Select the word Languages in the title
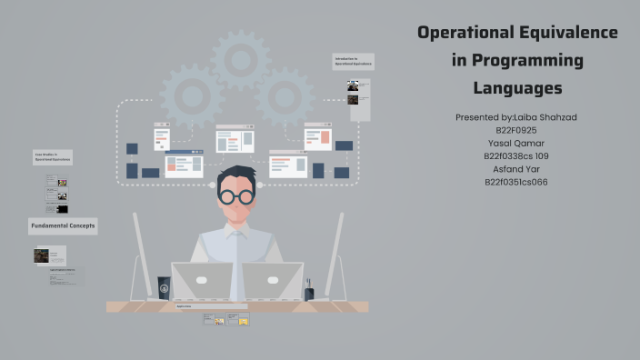517,88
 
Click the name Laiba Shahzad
544,117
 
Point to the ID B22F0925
516,130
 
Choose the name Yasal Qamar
516,143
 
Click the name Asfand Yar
516,168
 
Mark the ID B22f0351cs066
516,182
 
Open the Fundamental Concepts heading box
63,225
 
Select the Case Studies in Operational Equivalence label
51,157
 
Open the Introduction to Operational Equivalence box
354,62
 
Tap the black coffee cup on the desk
164,287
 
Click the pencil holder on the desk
309,292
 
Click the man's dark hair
237,174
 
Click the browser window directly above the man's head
234,138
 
